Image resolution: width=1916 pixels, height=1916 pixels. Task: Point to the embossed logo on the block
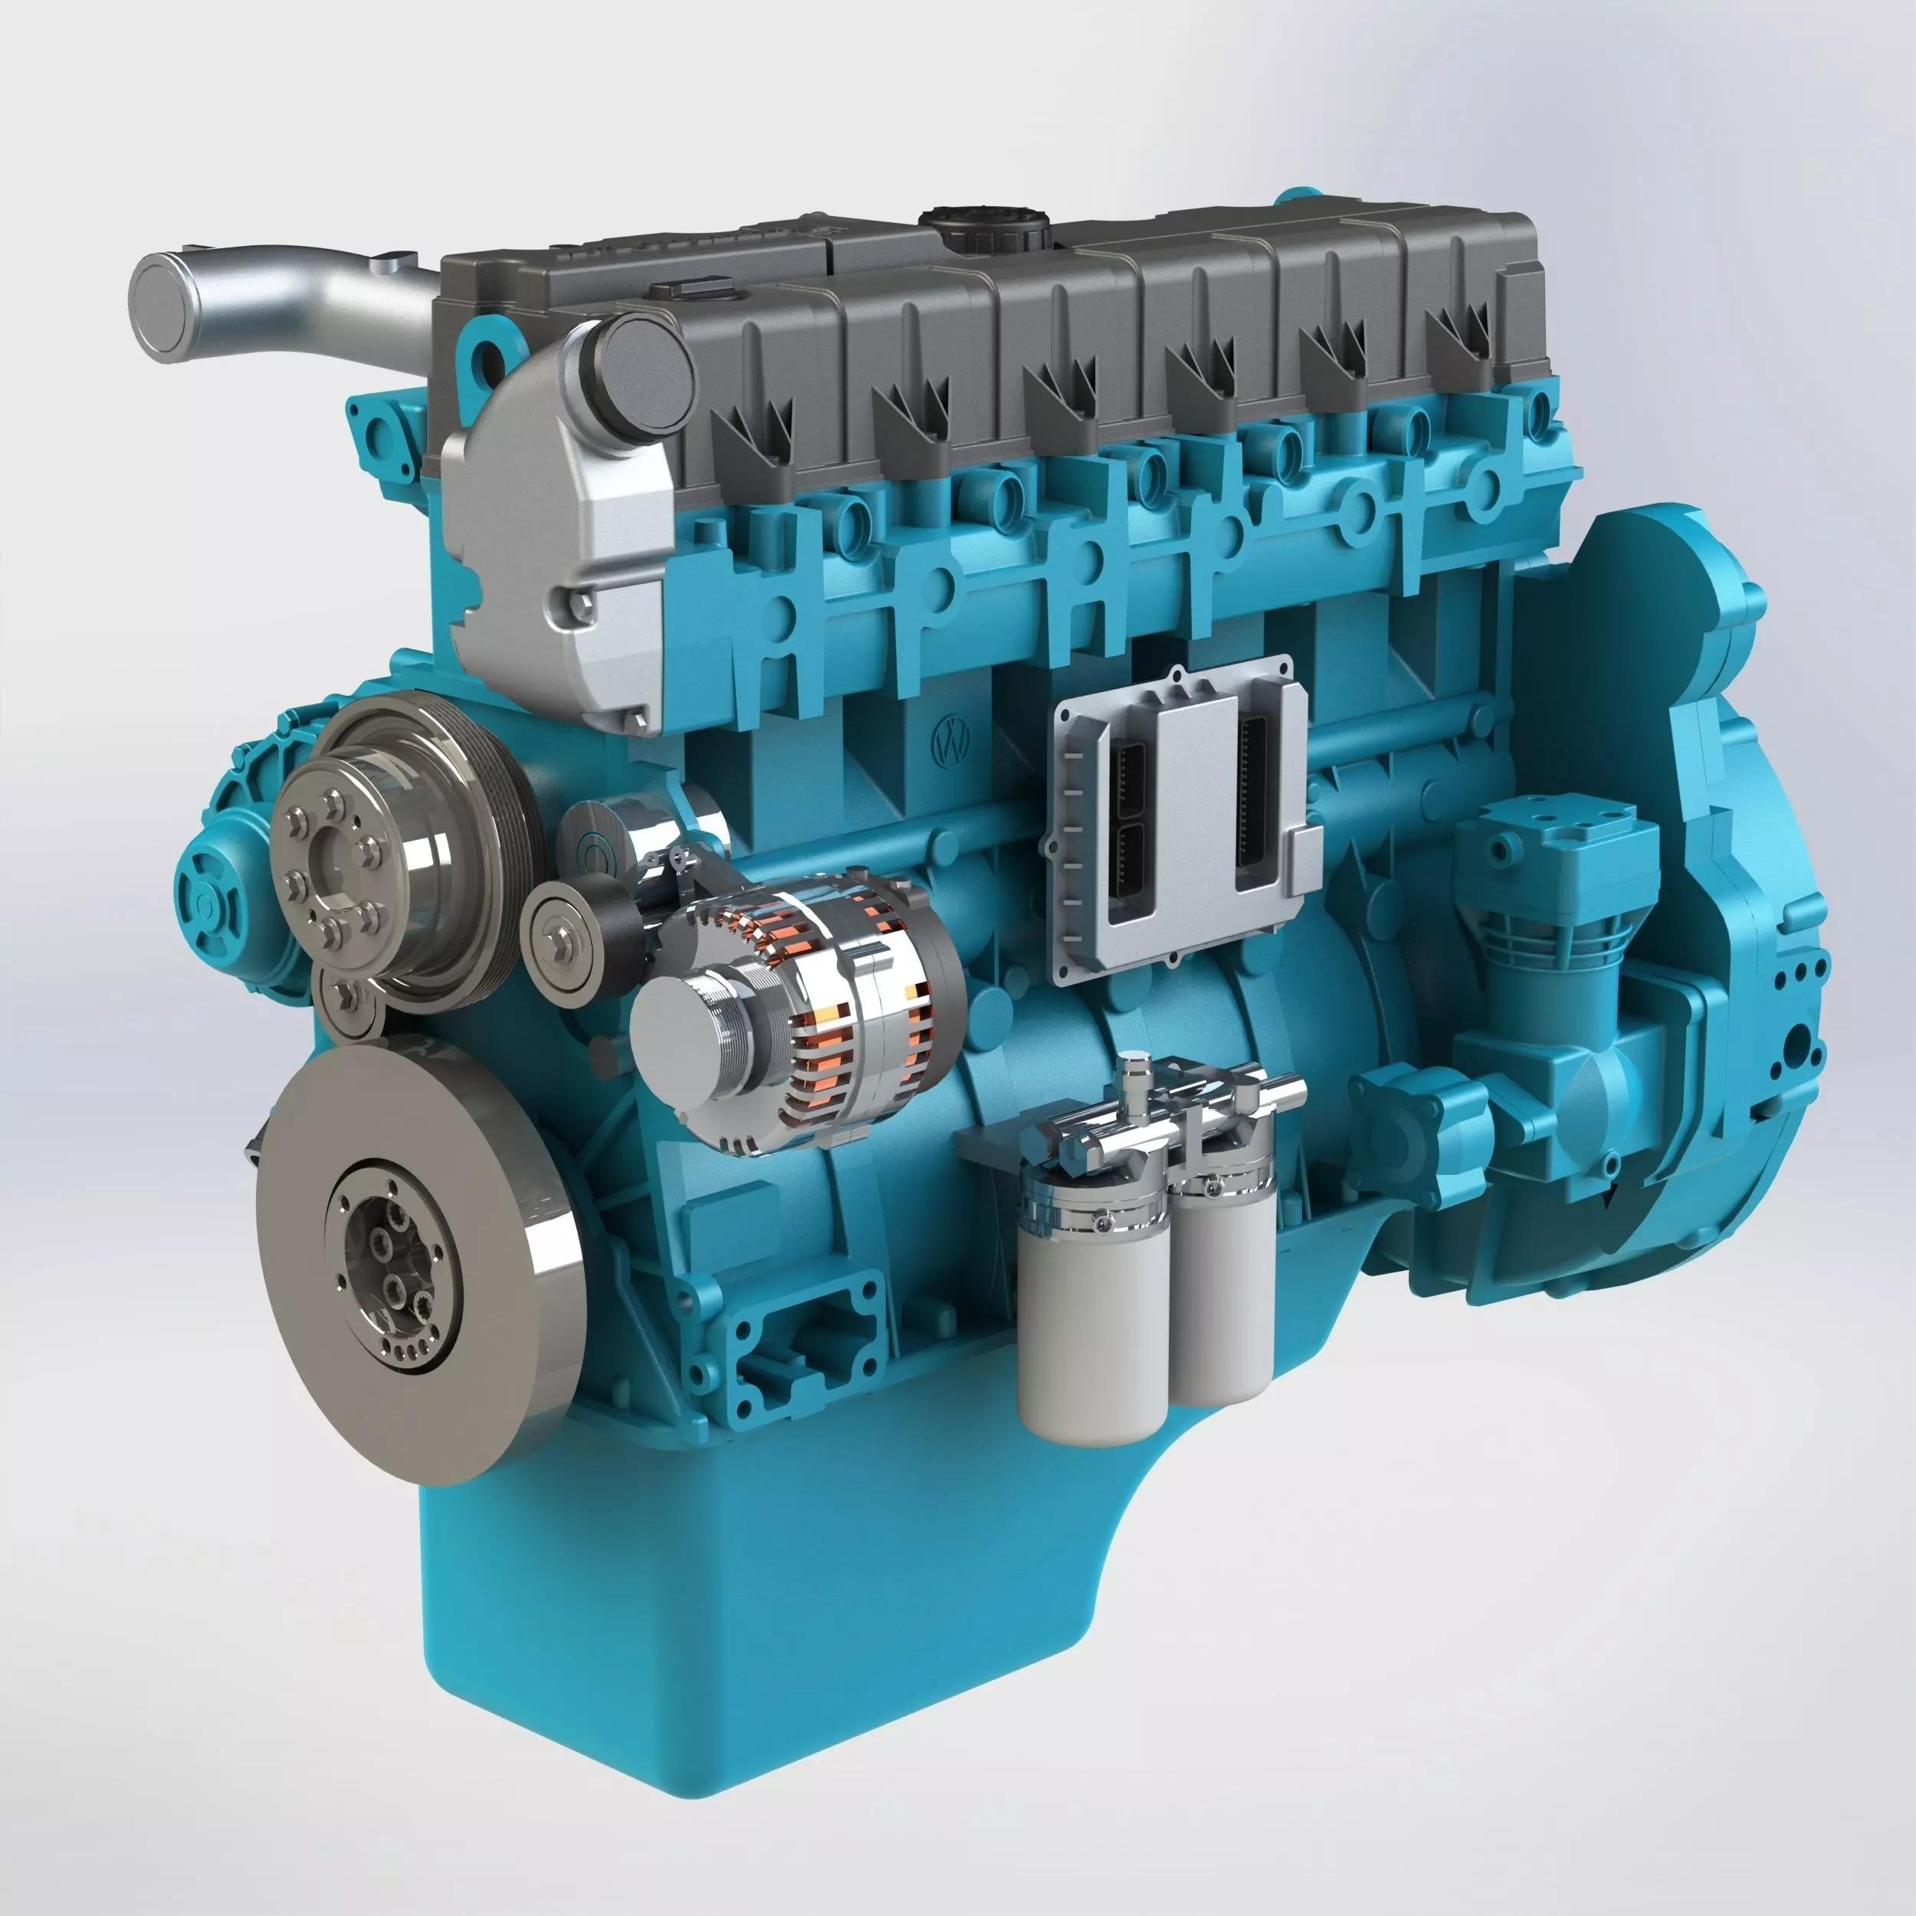coord(952,742)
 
